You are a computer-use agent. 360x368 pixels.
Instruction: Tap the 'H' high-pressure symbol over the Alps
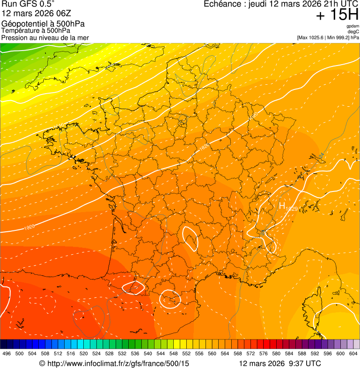tap(282, 205)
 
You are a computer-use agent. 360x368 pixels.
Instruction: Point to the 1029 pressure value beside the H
tap(292, 208)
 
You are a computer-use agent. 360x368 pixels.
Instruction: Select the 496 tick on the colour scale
tap(7, 353)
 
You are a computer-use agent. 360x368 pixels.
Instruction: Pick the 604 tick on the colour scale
tap(353, 353)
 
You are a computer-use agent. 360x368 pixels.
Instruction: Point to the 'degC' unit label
tap(353, 32)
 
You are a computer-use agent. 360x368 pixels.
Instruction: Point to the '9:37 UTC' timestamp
tap(307, 363)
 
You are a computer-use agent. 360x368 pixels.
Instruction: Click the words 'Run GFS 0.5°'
tap(28, 4)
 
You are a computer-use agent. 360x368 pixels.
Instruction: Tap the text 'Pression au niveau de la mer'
tap(45, 37)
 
